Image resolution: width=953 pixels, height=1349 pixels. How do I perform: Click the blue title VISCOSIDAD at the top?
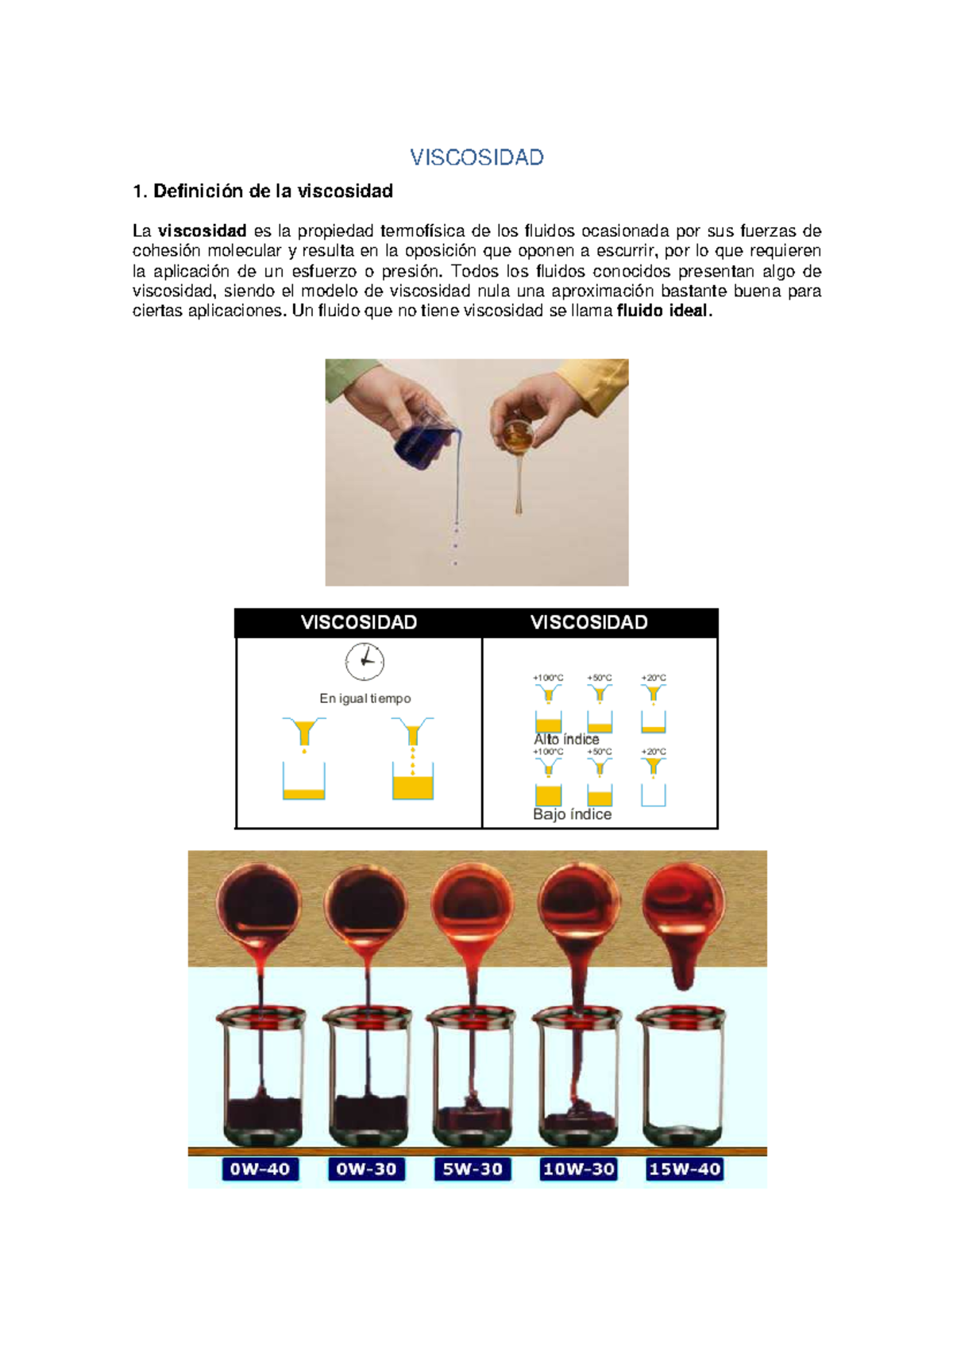click(x=476, y=157)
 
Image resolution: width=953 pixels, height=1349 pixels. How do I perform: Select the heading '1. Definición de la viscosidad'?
click(x=263, y=191)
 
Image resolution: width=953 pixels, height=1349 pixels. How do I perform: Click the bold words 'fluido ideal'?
click(x=662, y=311)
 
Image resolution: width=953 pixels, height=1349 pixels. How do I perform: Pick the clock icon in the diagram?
click(x=365, y=662)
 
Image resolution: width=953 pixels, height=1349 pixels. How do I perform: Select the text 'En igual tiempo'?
click(x=365, y=698)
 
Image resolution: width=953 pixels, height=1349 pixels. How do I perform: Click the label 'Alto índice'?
click(x=566, y=739)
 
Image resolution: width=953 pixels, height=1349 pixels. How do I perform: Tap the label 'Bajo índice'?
click(x=572, y=814)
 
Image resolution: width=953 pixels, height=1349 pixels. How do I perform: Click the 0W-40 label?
click(x=260, y=1169)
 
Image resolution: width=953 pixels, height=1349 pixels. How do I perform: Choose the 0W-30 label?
click(x=366, y=1169)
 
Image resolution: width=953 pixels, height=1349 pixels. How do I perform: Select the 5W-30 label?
click(x=473, y=1169)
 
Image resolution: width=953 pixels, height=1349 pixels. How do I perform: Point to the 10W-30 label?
click(x=579, y=1169)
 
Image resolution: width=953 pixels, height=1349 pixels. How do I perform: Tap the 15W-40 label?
click(x=685, y=1169)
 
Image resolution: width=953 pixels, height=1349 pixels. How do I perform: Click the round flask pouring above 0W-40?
click(x=259, y=906)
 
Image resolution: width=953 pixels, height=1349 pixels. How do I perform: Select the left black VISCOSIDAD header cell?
click(x=359, y=623)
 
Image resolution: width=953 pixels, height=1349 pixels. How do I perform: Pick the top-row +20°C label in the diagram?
click(x=654, y=678)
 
